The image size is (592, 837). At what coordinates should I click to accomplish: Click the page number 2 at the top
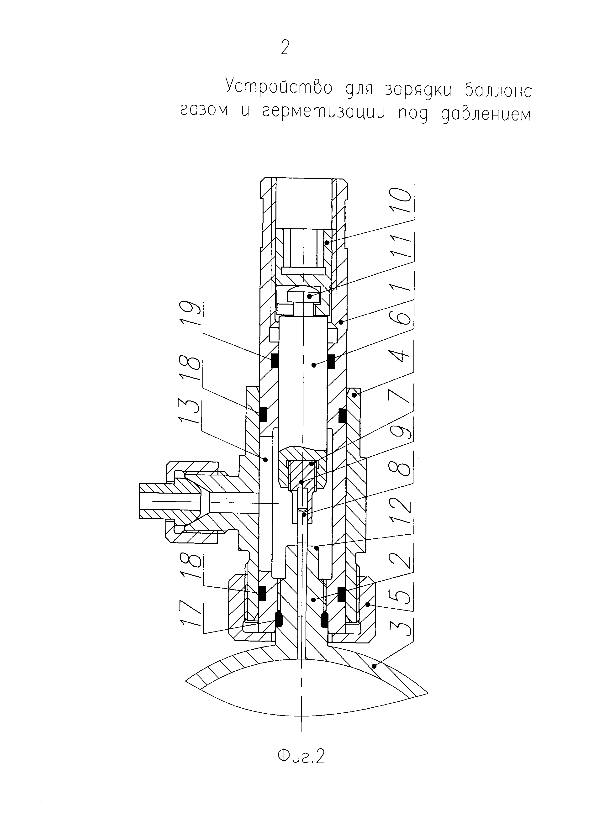(285, 47)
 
